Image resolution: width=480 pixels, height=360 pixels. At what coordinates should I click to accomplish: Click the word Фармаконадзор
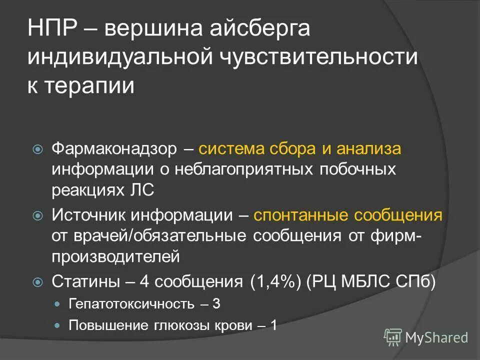[114, 149]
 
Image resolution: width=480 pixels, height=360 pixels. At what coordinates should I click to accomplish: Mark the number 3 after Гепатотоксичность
[216, 304]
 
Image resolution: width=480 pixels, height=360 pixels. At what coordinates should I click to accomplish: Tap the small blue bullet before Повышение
[56, 325]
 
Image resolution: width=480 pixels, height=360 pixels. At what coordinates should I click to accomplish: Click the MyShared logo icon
[392, 337]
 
